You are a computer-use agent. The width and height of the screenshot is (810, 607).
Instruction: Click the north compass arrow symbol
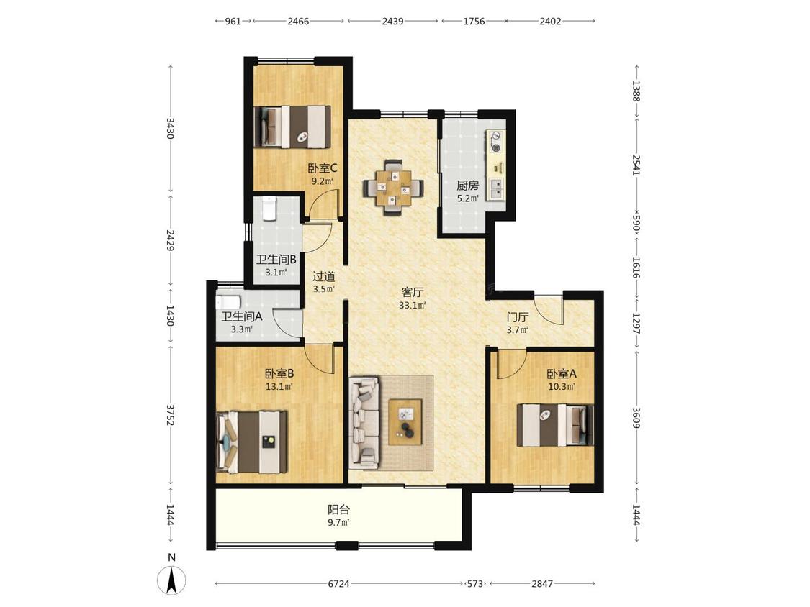coord(171,579)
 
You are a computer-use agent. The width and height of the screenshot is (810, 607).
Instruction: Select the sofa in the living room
coord(364,422)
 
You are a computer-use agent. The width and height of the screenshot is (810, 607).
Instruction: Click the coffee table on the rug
coord(405,421)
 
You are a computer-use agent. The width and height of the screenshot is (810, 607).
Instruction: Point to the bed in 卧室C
coord(292,127)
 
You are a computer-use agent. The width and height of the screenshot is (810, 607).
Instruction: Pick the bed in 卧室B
coord(251,442)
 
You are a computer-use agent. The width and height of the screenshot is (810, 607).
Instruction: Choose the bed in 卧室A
coord(555,425)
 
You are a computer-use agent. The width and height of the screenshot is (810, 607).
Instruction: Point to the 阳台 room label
coord(339,509)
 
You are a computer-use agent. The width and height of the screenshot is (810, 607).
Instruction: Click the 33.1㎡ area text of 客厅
coord(413,305)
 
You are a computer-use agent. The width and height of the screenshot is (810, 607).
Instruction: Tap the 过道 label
coord(324,277)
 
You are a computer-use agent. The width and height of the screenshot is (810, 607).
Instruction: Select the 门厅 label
coord(517,317)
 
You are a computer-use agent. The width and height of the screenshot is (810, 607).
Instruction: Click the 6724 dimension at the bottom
coord(339,584)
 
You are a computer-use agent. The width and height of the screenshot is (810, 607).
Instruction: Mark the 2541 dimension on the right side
coord(636,165)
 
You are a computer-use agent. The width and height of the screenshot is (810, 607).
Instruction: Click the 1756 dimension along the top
coord(474,21)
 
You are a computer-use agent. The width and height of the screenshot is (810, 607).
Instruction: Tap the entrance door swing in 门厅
coord(549,310)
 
